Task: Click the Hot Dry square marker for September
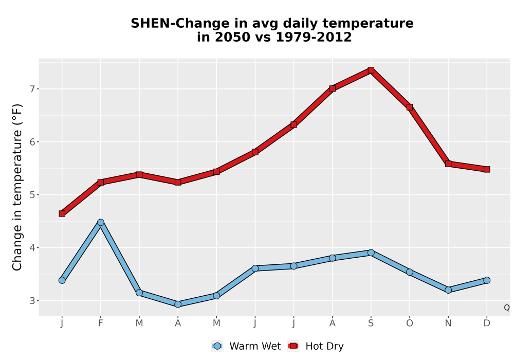click(371, 70)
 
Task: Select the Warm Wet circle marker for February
click(101, 222)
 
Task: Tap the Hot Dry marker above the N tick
click(448, 164)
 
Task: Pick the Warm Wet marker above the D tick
click(487, 280)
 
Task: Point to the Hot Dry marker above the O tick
click(410, 107)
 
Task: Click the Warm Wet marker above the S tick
click(371, 253)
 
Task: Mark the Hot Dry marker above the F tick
click(101, 182)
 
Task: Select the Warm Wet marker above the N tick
click(448, 290)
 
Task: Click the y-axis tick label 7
click(32, 89)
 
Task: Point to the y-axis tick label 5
click(32, 195)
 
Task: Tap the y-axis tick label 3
click(32, 301)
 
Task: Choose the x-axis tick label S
click(371, 323)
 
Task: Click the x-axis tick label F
click(101, 323)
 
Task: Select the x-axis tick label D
click(487, 323)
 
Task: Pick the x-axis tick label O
click(410, 323)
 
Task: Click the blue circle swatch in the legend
click(217, 346)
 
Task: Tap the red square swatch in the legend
click(293, 346)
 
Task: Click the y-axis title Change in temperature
click(17, 187)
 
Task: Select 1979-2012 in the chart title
click(314, 37)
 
